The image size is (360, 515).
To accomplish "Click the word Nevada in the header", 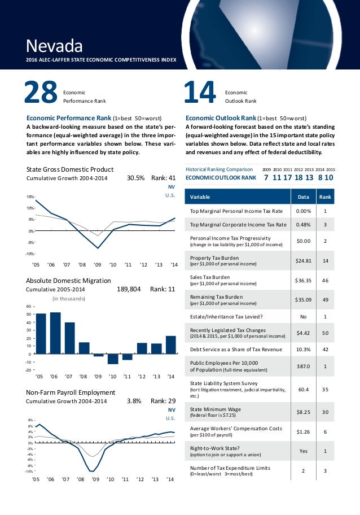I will pos(55,44).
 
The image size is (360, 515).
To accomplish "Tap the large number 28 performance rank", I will pos(41,93).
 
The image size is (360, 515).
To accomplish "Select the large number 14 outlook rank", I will pos(201,93).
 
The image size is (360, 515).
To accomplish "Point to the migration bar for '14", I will pos(170,345).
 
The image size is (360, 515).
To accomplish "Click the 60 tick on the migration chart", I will pos(29,307).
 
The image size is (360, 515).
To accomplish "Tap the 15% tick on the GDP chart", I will pos(30,197).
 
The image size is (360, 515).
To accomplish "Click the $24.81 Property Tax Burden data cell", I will pos(304,261).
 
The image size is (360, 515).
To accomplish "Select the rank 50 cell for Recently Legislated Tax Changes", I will pos(325,333).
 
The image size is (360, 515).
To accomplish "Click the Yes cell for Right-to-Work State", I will pos(304,451).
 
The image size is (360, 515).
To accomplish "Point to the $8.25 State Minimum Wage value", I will pos(304,413).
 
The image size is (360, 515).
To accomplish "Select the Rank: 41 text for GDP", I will pos(164,178).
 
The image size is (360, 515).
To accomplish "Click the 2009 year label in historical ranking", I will pos(267,169).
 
